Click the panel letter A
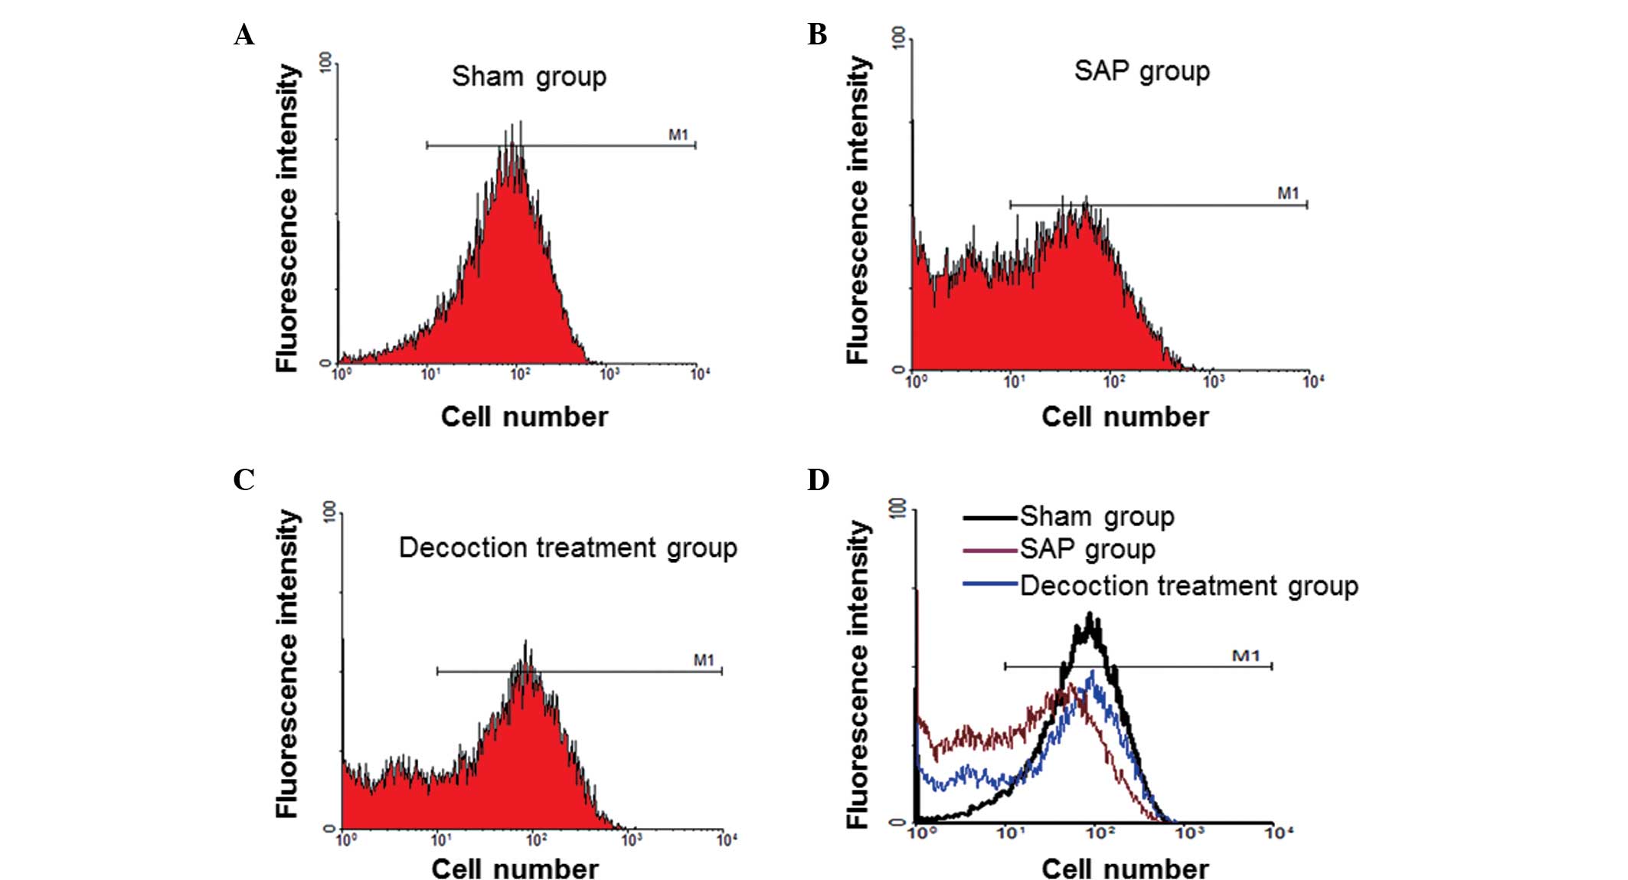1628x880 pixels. coord(244,35)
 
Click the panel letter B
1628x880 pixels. coord(817,35)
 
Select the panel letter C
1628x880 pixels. coord(244,480)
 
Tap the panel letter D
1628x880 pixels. coord(818,480)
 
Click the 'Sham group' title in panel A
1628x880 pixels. coord(528,77)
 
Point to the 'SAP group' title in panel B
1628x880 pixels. coord(1141,71)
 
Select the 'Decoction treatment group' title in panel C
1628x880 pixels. coord(567,548)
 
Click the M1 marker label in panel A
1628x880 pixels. coord(678,135)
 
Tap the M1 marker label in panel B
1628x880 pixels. coord(1288,193)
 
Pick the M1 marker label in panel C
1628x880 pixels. coord(704,659)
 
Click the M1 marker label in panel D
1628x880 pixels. coord(1246,656)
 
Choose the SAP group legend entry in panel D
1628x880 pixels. coord(1087,550)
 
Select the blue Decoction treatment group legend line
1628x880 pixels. coord(990,585)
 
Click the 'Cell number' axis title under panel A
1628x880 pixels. coord(525,417)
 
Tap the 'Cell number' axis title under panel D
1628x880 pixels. coord(1125,869)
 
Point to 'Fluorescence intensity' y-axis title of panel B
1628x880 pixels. coord(858,211)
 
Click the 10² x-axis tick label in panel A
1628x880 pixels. coord(519,374)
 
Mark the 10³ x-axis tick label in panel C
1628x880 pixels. coord(631,840)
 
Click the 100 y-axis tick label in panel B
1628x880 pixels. coord(898,36)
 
